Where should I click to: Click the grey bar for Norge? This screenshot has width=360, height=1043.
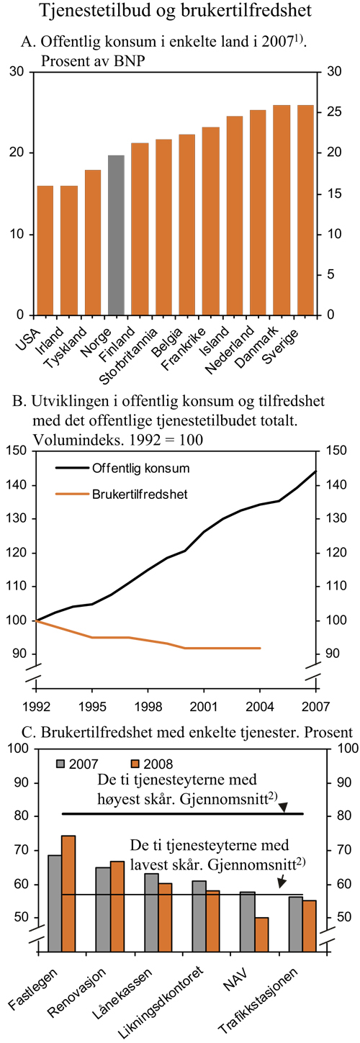coord(116,235)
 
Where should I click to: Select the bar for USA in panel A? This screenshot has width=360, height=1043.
coord(45,250)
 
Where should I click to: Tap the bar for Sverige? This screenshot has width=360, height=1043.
coord(305,210)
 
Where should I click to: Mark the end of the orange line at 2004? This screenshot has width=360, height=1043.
coord(260,648)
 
